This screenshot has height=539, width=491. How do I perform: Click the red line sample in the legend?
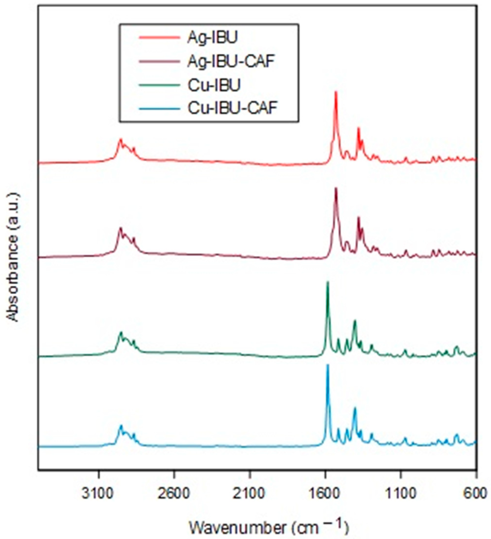(x=159, y=38)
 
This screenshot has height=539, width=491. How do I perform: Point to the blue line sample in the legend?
(x=159, y=108)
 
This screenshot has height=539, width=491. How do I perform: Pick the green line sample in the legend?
(x=159, y=85)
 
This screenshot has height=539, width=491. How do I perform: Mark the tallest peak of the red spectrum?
(x=336, y=92)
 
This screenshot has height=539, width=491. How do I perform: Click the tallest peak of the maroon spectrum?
(x=336, y=189)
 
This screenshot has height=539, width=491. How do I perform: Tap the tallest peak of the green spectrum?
(x=327, y=282)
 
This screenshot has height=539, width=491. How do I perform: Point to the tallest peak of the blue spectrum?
(x=327, y=365)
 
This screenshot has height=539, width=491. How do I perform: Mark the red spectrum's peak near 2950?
(x=121, y=139)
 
